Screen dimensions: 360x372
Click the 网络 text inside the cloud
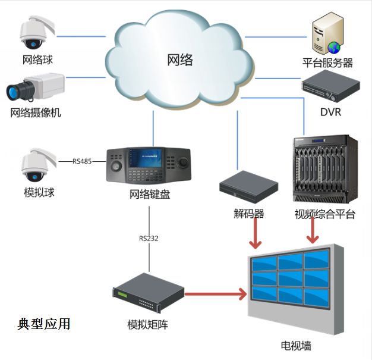pyautogui.click(x=180, y=60)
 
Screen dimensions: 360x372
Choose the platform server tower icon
pyautogui.click(x=327, y=36)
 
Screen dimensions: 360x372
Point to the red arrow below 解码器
pyautogui.click(x=255, y=234)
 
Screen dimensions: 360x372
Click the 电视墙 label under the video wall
pyautogui.click(x=295, y=346)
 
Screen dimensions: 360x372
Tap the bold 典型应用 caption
pyautogui.click(x=44, y=324)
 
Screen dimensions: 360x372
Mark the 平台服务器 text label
pyautogui.click(x=327, y=62)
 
